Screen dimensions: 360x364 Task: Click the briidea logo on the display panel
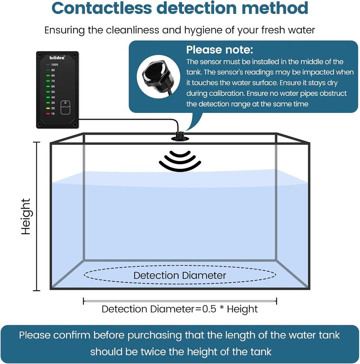[x=57, y=58]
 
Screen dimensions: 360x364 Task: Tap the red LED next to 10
[x=48, y=114]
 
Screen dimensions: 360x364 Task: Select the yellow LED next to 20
[x=48, y=108]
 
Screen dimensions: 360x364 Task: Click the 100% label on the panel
[x=54, y=65]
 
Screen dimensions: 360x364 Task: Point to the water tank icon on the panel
[x=65, y=108]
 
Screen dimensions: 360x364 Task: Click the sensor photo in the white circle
[x=158, y=77]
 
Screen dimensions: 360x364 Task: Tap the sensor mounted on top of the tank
[x=180, y=136]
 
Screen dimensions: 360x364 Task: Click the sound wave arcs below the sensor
[x=180, y=161]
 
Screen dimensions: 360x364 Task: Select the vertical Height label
[x=26, y=216]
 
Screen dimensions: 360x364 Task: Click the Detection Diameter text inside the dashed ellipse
[x=180, y=275]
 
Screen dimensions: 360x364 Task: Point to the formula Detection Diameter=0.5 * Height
[x=180, y=309]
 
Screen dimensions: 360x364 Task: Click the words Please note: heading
[x=220, y=49]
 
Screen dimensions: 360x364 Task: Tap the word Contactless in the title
[x=102, y=8]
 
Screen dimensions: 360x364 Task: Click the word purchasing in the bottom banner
[x=155, y=336]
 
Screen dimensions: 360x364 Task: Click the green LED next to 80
[x=48, y=76]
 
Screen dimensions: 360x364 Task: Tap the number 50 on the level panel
[x=53, y=92]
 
